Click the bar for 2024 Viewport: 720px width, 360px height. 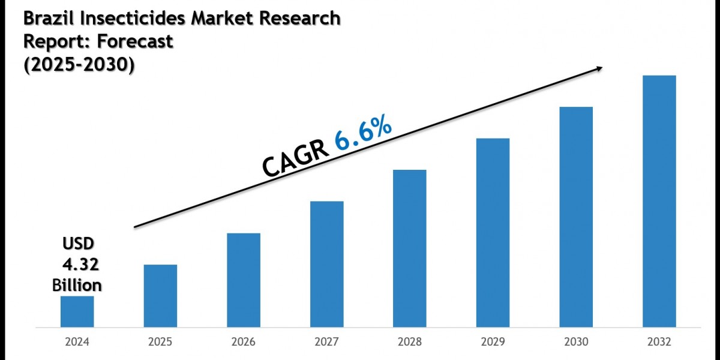click(77, 311)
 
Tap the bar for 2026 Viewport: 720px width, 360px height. click(244, 280)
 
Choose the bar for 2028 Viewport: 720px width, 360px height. click(410, 248)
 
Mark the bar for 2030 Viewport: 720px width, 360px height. click(576, 217)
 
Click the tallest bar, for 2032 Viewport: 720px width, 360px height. click(659, 201)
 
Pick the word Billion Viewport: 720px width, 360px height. click(77, 284)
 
